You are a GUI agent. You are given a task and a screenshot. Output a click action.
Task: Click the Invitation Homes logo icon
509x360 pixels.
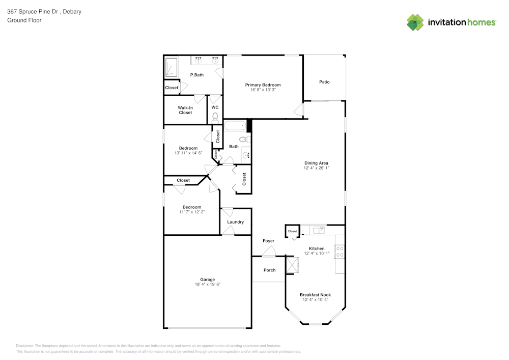415,22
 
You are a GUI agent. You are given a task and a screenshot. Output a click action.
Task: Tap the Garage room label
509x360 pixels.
207,280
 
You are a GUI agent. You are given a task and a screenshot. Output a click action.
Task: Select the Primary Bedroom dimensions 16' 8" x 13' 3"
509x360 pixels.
263,90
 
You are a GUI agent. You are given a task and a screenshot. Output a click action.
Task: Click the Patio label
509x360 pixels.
324,81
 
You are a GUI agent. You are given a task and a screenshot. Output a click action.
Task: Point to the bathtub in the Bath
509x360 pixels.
236,125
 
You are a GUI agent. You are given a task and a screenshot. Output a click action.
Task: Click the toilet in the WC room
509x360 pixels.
215,118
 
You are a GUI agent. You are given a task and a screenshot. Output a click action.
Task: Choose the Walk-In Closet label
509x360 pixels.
185,110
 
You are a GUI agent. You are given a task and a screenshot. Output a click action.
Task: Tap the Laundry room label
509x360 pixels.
236,222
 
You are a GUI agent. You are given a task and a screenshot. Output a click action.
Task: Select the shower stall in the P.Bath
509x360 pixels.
172,68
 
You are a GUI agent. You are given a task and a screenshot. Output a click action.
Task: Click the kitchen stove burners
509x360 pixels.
340,251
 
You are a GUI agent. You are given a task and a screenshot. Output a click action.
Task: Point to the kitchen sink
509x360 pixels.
319,230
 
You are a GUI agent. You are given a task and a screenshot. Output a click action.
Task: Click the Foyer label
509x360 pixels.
268,241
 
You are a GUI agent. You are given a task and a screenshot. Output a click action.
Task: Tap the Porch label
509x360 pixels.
269,270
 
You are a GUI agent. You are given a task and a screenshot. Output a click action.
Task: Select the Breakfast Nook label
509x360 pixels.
315,295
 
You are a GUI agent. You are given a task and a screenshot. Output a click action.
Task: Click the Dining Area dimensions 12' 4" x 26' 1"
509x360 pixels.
316,168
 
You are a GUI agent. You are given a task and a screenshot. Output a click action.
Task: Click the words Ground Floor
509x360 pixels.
24,20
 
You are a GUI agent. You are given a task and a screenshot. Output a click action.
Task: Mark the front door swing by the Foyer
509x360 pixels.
269,251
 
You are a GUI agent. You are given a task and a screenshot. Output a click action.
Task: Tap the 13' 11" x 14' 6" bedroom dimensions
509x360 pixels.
188,153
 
